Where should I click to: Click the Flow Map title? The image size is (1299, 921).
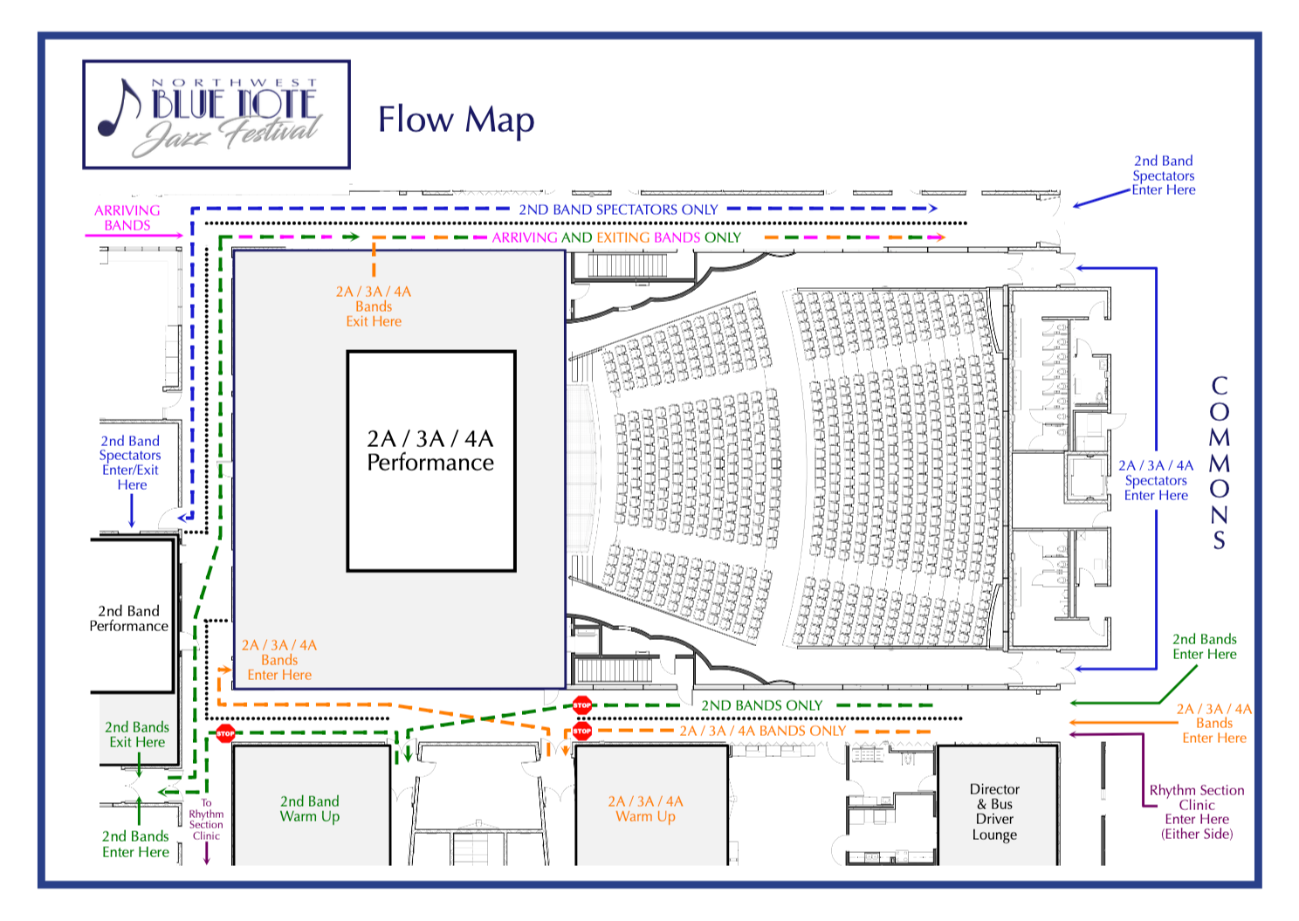[456, 120]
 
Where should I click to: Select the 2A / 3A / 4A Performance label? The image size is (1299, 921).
[430, 450]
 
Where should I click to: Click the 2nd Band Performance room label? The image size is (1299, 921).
[128, 618]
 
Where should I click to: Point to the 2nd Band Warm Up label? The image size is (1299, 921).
[310, 808]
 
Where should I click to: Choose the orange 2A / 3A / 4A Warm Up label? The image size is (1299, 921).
[646, 808]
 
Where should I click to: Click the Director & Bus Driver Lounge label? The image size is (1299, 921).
[994, 812]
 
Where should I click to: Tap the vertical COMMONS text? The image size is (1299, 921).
[1219, 463]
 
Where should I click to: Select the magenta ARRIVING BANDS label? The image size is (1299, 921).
[127, 217]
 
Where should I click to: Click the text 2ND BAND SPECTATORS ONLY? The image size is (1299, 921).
[618, 210]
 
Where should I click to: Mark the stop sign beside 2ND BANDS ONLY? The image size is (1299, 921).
[582, 704]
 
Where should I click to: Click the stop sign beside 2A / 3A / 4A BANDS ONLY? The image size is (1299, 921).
[582, 731]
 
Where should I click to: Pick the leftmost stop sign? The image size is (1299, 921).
[225, 733]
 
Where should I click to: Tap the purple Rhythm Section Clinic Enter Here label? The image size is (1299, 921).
[1197, 812]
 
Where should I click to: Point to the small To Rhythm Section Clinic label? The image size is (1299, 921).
[206, 819]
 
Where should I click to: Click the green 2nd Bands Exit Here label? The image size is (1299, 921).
[137, 734]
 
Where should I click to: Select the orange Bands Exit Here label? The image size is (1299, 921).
[374, 306]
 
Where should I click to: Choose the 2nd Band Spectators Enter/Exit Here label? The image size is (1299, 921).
[130, 463]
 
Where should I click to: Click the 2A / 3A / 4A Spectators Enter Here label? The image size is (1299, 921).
[1156, 480]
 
